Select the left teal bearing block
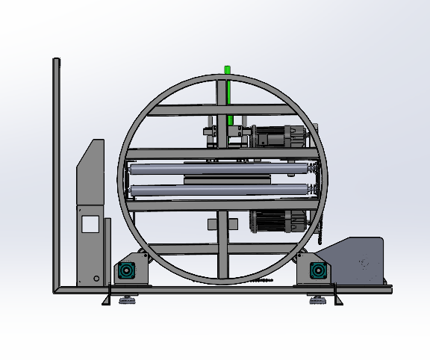pyautogui.click(x=126, y=270)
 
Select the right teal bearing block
pyautogui.click(x=319, y=270)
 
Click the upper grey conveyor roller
pyautogui.click(x=209, y=170)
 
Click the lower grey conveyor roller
pyautogui.click(x=209, y=190)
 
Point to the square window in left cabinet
pyautogui.click(x=91, y=223)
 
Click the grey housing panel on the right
pyautogui.click(x=358, y=261)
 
